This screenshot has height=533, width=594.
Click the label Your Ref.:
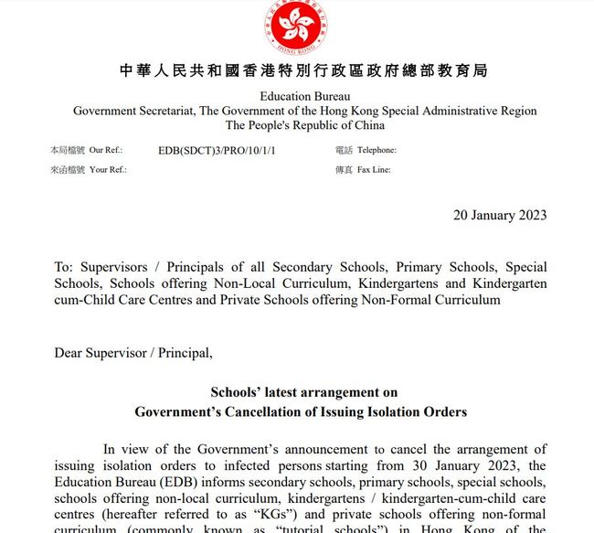tap(108, 169)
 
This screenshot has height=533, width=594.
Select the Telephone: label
tap(377, 150)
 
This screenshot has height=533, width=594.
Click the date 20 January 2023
tap(500, 215)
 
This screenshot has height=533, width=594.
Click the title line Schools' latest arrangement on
tap(301, 392)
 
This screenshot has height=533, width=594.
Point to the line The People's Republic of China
tap(304, 125)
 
